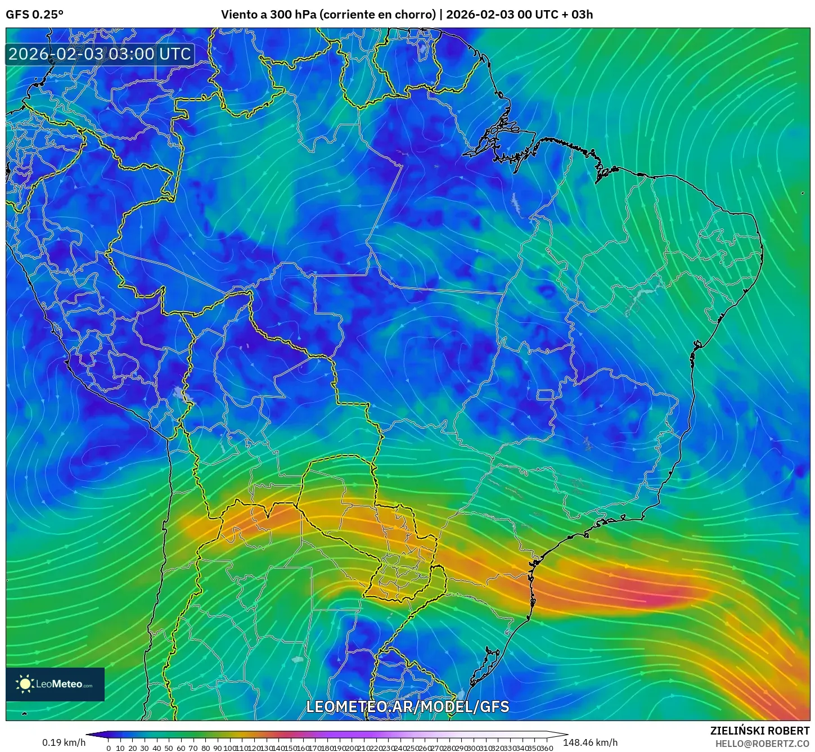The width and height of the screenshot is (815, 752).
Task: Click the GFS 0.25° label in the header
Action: click(x=34, y=15)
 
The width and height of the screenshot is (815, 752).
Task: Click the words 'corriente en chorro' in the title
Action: click(x=377, y=15)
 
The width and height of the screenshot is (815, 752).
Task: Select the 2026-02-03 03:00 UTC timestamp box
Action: click(x=100, y=54)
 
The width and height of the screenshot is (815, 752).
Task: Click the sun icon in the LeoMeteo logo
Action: click(x=25, y=684)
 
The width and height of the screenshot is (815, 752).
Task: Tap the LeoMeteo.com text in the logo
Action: click(x=64, y=685)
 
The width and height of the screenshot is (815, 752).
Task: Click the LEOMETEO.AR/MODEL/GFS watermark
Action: click(x=407, y=706)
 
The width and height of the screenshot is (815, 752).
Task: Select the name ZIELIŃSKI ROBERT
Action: click(x=759, y=731)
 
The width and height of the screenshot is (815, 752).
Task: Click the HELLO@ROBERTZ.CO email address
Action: click(x=762, y=744)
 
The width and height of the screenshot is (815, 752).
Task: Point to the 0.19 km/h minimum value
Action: click(x=64, y=742)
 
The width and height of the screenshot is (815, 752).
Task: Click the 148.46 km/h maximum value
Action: click(x=590, y=742)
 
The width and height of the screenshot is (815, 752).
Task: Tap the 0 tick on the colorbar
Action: click(x=109, y=748)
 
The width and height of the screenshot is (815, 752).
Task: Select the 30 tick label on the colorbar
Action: click(x=145, y=748)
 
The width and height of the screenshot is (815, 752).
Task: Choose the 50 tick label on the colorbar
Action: click(x=169, y=748)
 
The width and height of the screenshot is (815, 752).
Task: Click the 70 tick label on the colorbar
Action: click(x=193, y=748)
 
